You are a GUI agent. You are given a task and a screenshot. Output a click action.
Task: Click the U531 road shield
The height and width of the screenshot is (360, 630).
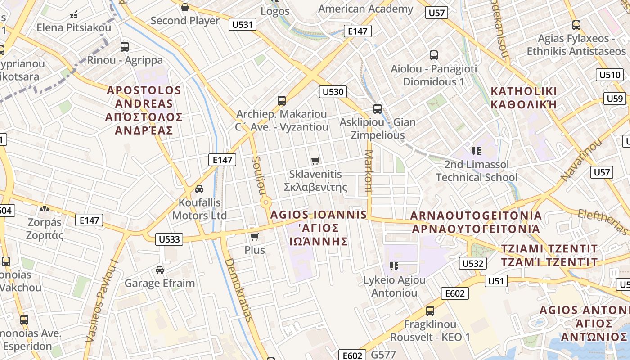(x=243, y=24)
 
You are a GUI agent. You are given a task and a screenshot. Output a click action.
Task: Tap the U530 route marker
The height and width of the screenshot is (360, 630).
(x=333, y=92)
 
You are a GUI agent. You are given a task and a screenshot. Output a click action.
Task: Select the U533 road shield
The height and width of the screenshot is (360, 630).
(x=170, y=239)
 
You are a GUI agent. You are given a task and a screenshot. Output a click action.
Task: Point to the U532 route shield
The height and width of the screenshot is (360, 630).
(x=473, y=263)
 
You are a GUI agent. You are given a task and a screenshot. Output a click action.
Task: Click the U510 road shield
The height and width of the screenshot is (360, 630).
(x=610, y=75)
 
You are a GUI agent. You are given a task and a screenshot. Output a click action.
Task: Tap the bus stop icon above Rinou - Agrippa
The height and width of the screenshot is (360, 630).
(x=125, y=46)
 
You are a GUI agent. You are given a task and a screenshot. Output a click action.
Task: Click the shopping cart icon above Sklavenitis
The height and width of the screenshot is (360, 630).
(x=315, y=161)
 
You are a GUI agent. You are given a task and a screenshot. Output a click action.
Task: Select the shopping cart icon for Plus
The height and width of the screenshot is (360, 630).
(x=255, y=236)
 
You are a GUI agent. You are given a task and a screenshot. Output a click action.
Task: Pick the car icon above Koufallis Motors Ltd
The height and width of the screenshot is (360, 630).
(x=199, y=189)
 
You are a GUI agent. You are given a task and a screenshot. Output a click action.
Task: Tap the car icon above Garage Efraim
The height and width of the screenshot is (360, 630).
(x=160, y=270)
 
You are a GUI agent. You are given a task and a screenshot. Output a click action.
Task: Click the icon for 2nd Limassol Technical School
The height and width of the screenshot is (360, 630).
(x=477, y=151)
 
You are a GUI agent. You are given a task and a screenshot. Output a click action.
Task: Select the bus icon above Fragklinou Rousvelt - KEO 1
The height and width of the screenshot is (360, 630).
(x=430, y=310)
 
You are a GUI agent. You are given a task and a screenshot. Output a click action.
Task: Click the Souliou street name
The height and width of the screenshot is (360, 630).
(x=257, y=175)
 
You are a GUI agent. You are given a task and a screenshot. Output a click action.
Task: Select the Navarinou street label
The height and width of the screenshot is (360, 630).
(x=581, y=160)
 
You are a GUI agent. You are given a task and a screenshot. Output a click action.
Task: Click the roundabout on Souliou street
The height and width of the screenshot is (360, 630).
(x=265, y=203)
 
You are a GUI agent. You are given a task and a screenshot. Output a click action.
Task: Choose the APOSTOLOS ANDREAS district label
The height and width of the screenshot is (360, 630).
(x=144, y=110)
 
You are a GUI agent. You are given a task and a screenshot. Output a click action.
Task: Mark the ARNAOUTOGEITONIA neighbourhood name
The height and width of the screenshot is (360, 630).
(x=476, y=222)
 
